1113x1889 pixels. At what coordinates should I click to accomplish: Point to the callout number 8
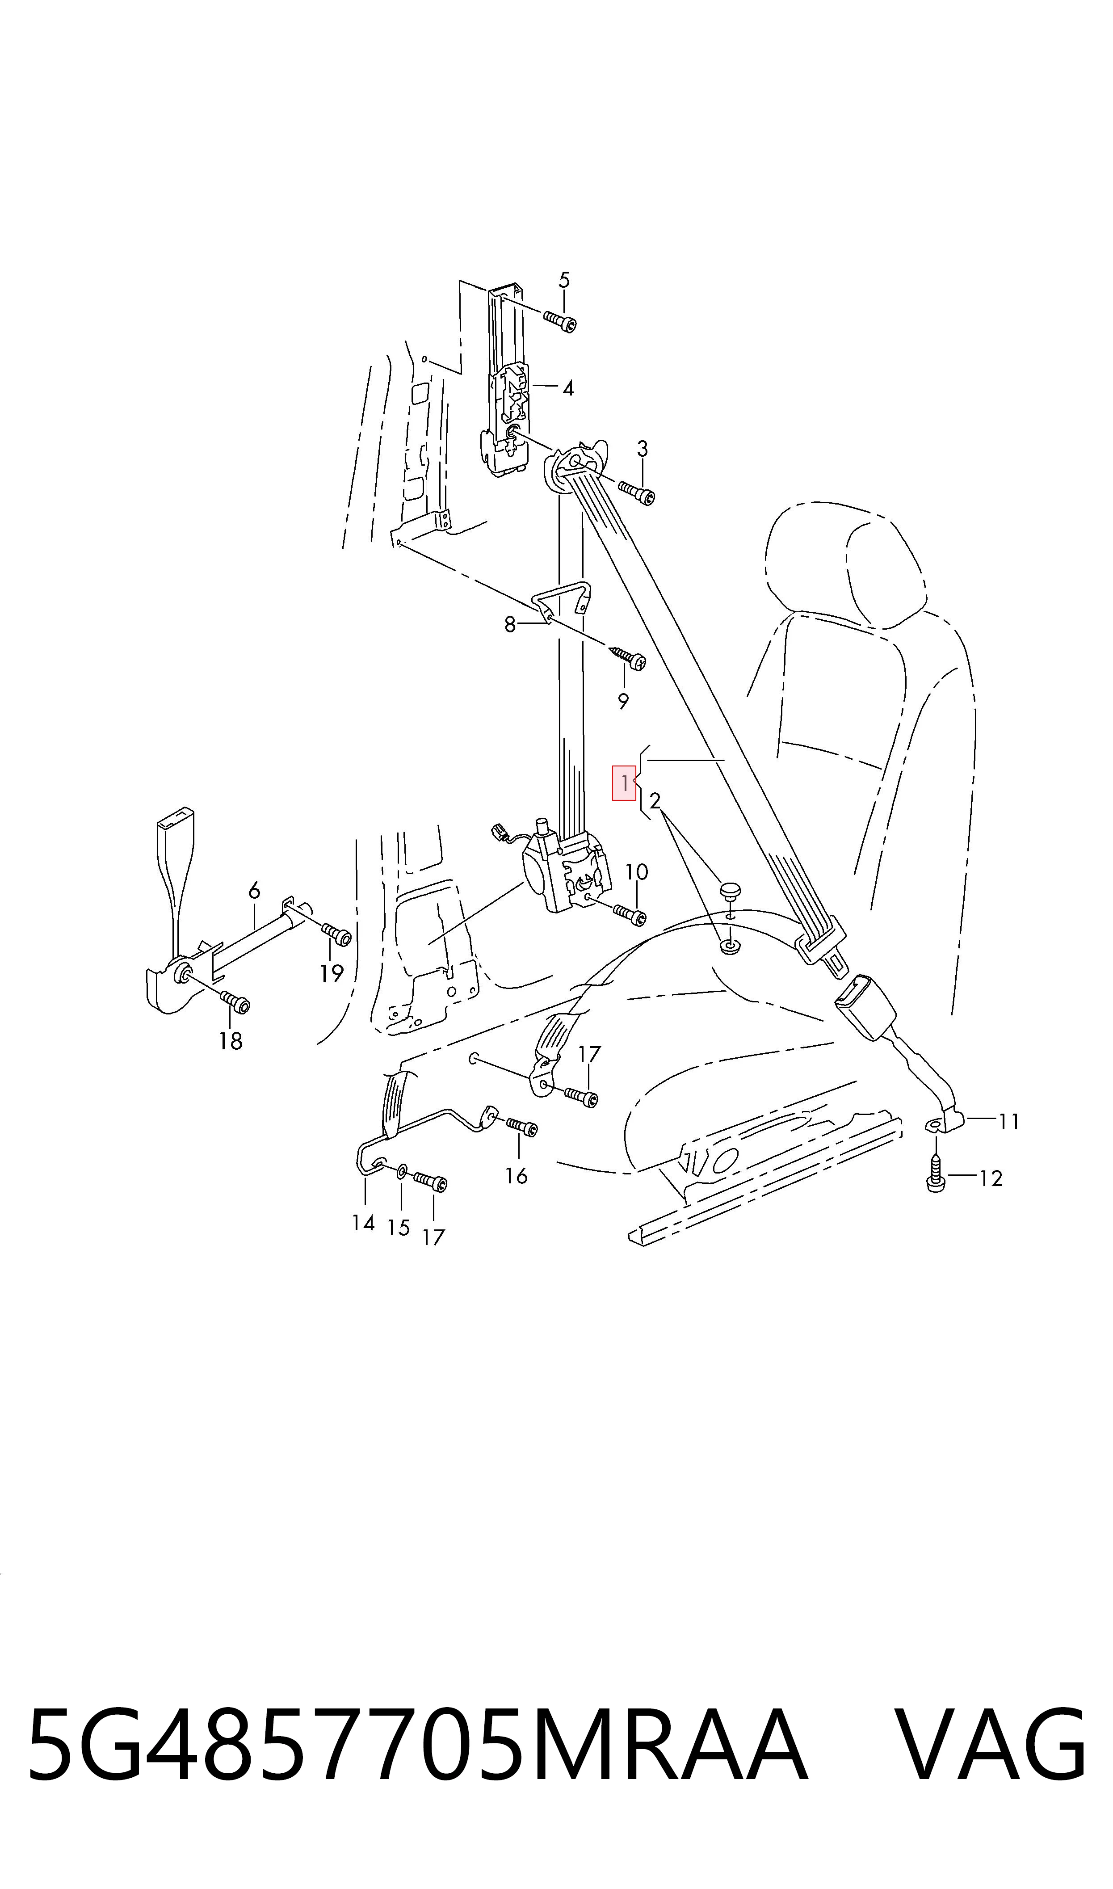510,625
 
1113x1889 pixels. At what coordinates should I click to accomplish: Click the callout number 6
254,891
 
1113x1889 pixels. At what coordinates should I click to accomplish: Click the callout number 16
516,1176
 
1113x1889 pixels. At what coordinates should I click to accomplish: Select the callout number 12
991,1179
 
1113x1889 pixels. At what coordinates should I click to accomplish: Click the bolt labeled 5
561,321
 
